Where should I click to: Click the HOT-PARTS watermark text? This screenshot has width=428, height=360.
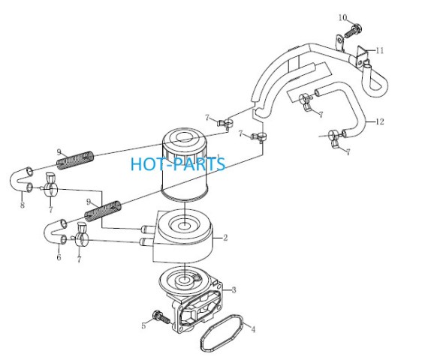click(x=178, y=164)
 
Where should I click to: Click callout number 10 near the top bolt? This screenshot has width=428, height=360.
click(x=342, y=18)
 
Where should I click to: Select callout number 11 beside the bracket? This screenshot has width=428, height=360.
click(x=380, y=50)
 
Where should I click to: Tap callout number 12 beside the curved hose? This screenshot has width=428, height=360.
click(x=380, y=121)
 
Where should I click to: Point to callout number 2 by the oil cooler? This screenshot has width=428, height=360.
click(x=225, y=238)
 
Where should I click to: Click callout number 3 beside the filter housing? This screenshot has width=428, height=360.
click(x=234, y=290)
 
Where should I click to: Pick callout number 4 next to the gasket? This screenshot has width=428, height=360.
click(x=253, y=329)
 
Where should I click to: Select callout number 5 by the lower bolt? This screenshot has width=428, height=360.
click(x=143, y=325)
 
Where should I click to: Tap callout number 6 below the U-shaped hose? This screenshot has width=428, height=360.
click(x=59, y=257)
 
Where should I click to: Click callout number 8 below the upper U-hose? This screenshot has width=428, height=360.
click(x=23, y=205)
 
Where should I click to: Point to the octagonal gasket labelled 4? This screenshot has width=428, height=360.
click(x=222, y=333)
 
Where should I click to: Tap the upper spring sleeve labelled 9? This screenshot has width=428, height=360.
click(x=75, y=160)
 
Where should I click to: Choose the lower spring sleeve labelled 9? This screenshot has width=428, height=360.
click(x=103, y=211)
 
